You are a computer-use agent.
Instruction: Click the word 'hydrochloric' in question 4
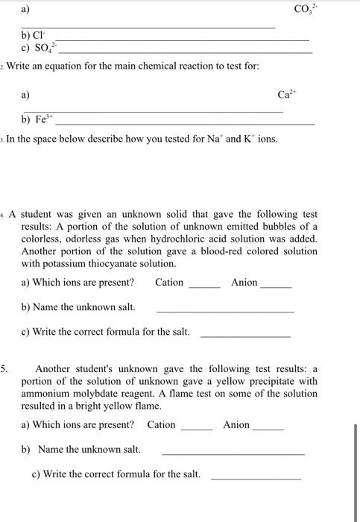[218, 239]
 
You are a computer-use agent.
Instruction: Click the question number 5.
[5, 368]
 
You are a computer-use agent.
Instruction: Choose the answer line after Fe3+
[186, 123]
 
